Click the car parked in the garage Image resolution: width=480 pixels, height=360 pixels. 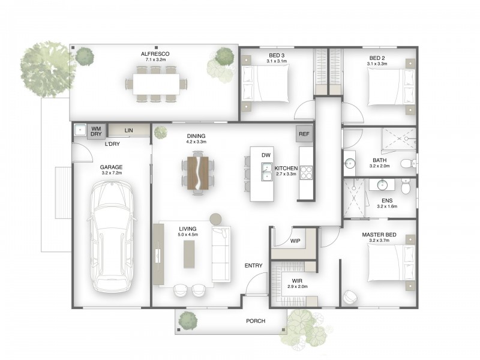tap(112, 236)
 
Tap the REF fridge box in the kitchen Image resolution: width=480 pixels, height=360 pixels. tap(304, 134)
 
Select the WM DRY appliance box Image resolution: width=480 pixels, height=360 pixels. tap(96, 131)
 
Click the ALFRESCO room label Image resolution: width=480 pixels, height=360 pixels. tap(155, 54)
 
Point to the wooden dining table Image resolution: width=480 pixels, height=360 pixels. tap(198, 173)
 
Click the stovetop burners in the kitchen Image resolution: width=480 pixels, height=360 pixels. tap(306, 172)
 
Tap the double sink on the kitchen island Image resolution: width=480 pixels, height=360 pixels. tap(266, 172)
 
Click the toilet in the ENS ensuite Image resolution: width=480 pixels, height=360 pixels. tap(406, 187)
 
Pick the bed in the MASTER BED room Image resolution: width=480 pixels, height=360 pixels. tap(391, 263)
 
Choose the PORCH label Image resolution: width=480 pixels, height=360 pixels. tap(256, 321)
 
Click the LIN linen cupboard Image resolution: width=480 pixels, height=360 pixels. tap(129, 130)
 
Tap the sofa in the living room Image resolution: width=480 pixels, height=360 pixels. tap(221, 254)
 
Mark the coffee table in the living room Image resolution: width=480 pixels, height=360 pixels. tap(189, 254)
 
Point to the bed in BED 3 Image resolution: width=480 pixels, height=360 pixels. tap(265, 83)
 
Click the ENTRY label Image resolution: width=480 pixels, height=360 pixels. tap(253, 266)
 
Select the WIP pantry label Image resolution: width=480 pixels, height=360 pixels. tap(295, 241)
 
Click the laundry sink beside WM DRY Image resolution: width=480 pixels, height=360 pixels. tap(80, 130)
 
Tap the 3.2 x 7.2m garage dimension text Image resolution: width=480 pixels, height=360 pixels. tap(112, 173)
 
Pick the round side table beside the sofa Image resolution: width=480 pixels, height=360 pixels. tap(215, 219)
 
